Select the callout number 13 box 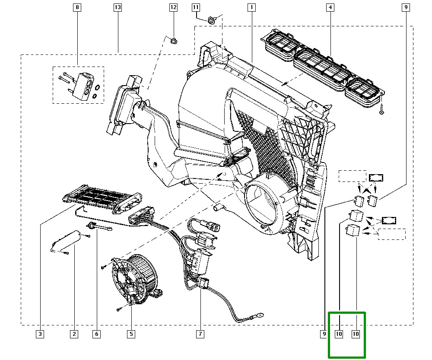[x=118, y=7]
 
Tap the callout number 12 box [x=173, y=7]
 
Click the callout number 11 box [x=196, y=7]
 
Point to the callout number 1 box [x=251, y=7]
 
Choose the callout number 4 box [x=330, y=7]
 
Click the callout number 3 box [x=39, y=334]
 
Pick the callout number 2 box [x=74, y=334]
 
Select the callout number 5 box [x=131, y=334]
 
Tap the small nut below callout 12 [x=174, y=41]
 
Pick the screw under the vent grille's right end [x=381, y=111]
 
